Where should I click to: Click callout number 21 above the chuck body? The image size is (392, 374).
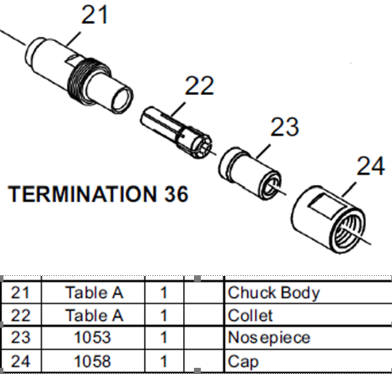click(x=94, y=15)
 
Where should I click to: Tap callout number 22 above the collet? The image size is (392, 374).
click(x=199, y=85)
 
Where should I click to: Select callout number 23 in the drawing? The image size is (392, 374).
click(x=285, y=127)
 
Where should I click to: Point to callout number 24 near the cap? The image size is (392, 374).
click(x=371, y=166)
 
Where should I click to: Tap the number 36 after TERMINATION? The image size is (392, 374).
click(x=176, y=194)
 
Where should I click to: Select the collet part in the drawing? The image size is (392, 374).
click(x=176, y=133)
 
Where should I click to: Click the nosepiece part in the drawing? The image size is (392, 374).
click(x=249, y=174)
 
